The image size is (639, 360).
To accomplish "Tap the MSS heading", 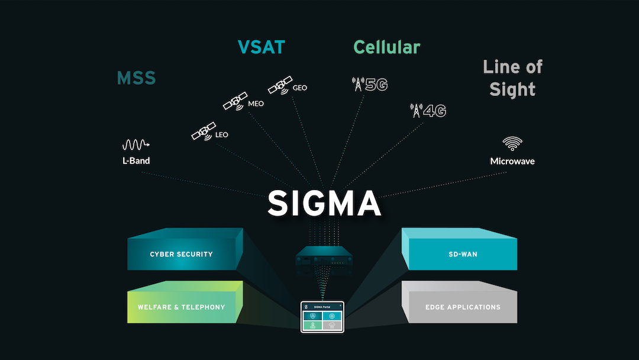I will pos(136,78).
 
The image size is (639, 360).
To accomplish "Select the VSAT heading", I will pos(261,47).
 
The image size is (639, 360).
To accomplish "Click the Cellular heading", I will pos(386,47).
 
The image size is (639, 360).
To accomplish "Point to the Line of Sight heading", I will pos(512,78).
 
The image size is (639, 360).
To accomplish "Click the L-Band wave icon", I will pos(135,144).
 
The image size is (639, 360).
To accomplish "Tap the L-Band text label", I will pos(136,160).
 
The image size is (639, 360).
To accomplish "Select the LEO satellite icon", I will pos(203,131).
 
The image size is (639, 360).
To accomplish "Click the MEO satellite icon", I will pos(235,101).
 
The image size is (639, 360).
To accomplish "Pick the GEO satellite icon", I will pos(280,86).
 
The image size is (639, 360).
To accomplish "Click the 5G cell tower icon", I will pos(357,85).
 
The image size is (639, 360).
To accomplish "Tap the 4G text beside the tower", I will pos(434,111).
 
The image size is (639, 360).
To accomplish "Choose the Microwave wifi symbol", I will pos(512,143).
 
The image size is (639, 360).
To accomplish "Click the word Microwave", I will pos(512,161).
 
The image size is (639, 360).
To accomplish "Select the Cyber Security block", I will pos(181,255).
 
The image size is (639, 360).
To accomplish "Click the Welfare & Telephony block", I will pos(181,307).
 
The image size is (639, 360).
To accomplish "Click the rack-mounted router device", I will pos(323,259).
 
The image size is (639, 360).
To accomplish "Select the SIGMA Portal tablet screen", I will pos(322,317).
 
